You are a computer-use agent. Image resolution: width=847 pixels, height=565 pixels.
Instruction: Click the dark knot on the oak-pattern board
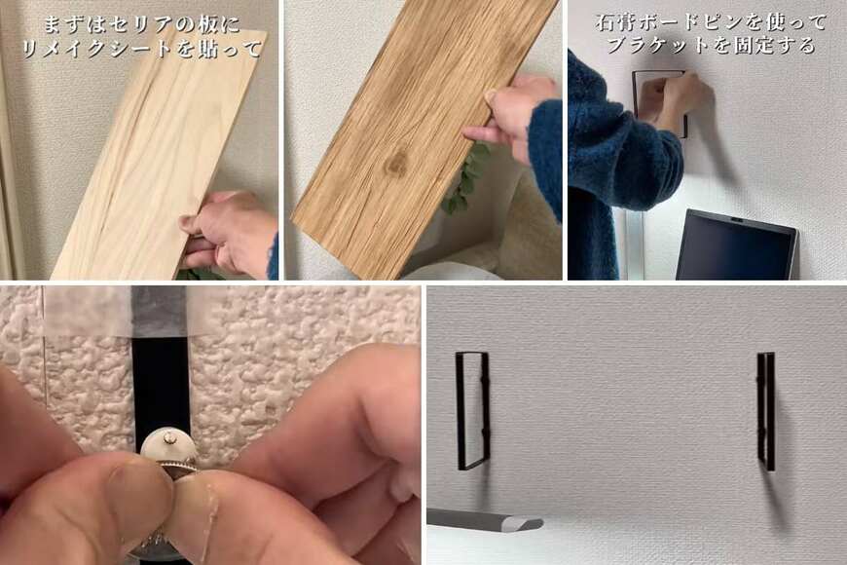[x=396, y=165]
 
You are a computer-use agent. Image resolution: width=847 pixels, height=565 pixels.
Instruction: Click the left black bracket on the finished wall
[x=472, y=409]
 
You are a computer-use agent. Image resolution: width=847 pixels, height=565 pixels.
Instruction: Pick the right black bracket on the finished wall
[x=767, y=409]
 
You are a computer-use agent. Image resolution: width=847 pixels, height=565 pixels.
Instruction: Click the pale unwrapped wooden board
[x=146, y=156]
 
